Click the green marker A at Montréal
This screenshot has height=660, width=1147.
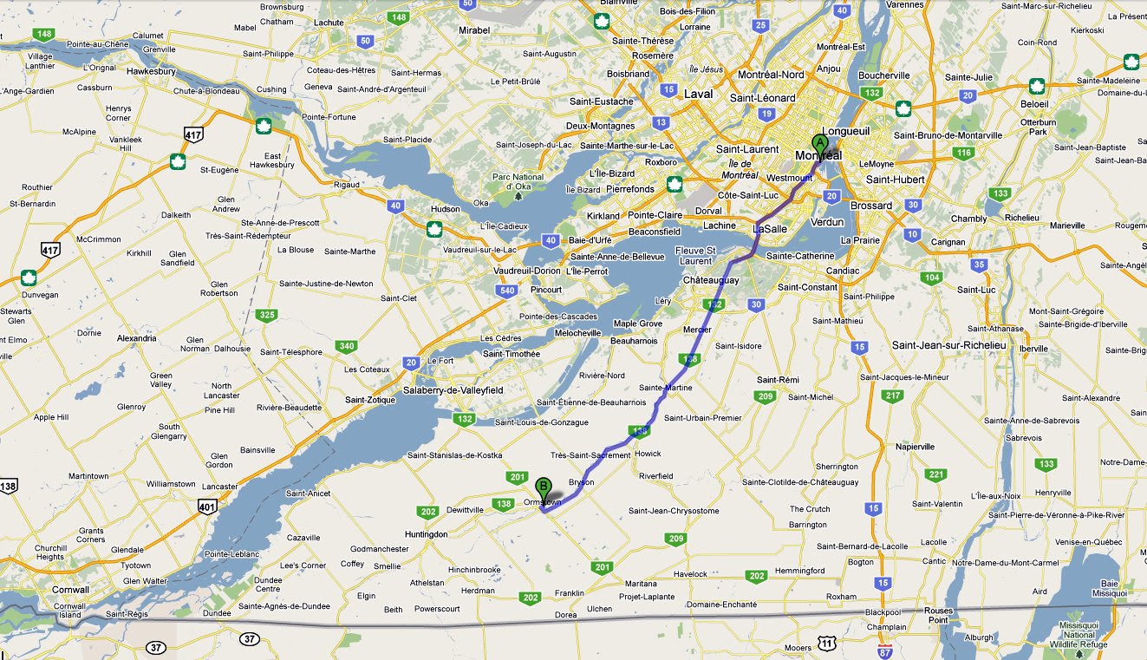pos(818,144)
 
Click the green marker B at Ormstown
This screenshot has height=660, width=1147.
pos(544,487)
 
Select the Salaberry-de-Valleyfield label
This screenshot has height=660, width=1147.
pos(454,391)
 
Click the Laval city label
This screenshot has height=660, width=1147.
pos(698,94)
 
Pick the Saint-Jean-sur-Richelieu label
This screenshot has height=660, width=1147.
pos(948,345)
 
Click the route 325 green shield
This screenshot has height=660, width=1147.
pos(268,315)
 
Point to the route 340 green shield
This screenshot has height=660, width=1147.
pos(347,347)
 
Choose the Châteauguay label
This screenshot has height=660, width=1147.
pos(711,281)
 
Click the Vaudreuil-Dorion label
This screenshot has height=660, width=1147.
pos(527,271)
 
